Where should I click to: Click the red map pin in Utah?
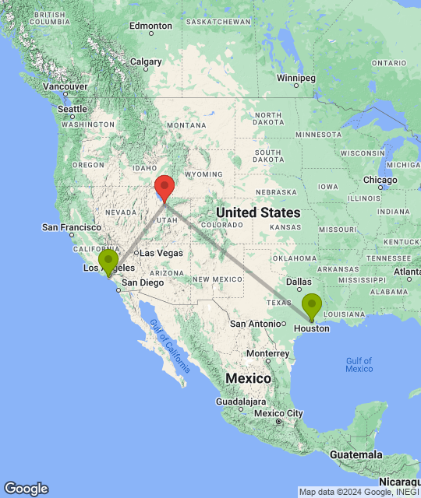[x=164, y=187]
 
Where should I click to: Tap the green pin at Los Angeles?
[x=108, y=261]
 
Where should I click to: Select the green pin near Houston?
[x=311, y=304]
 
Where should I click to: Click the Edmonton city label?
[x=150, y=26]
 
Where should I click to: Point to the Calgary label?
[x=146, y=61]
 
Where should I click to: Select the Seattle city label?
[x=73, y=109]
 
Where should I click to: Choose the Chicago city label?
[x=380, y=181]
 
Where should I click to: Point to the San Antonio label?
[x=254, y=324]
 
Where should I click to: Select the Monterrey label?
[x=268, y=352]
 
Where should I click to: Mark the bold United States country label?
[x=258, y=212]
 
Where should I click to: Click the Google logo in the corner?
[x=26, y=489]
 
